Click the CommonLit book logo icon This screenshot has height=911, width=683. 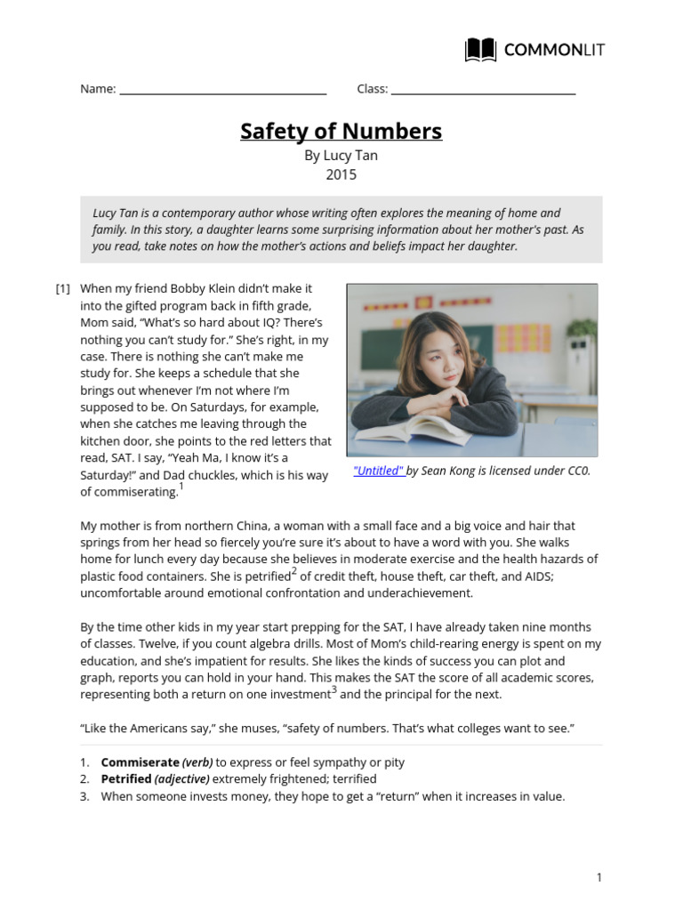point(481,50)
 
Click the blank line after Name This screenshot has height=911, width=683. point(223,92)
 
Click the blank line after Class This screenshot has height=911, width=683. point(483,92)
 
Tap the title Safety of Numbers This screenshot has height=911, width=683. point(341,132)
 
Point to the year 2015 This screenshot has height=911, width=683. point(341,174)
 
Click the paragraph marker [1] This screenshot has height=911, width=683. point(63,288)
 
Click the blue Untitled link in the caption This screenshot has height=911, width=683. point(379,472)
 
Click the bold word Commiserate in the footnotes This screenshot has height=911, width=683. point(141,762)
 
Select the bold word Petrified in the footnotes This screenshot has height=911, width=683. point(126,779)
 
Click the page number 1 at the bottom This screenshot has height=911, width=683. point(599,878)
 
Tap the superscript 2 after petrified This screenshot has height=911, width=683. point(293,572)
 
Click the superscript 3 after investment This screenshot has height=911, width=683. point(333,689)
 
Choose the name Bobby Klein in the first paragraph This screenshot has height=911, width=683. point(186,288)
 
